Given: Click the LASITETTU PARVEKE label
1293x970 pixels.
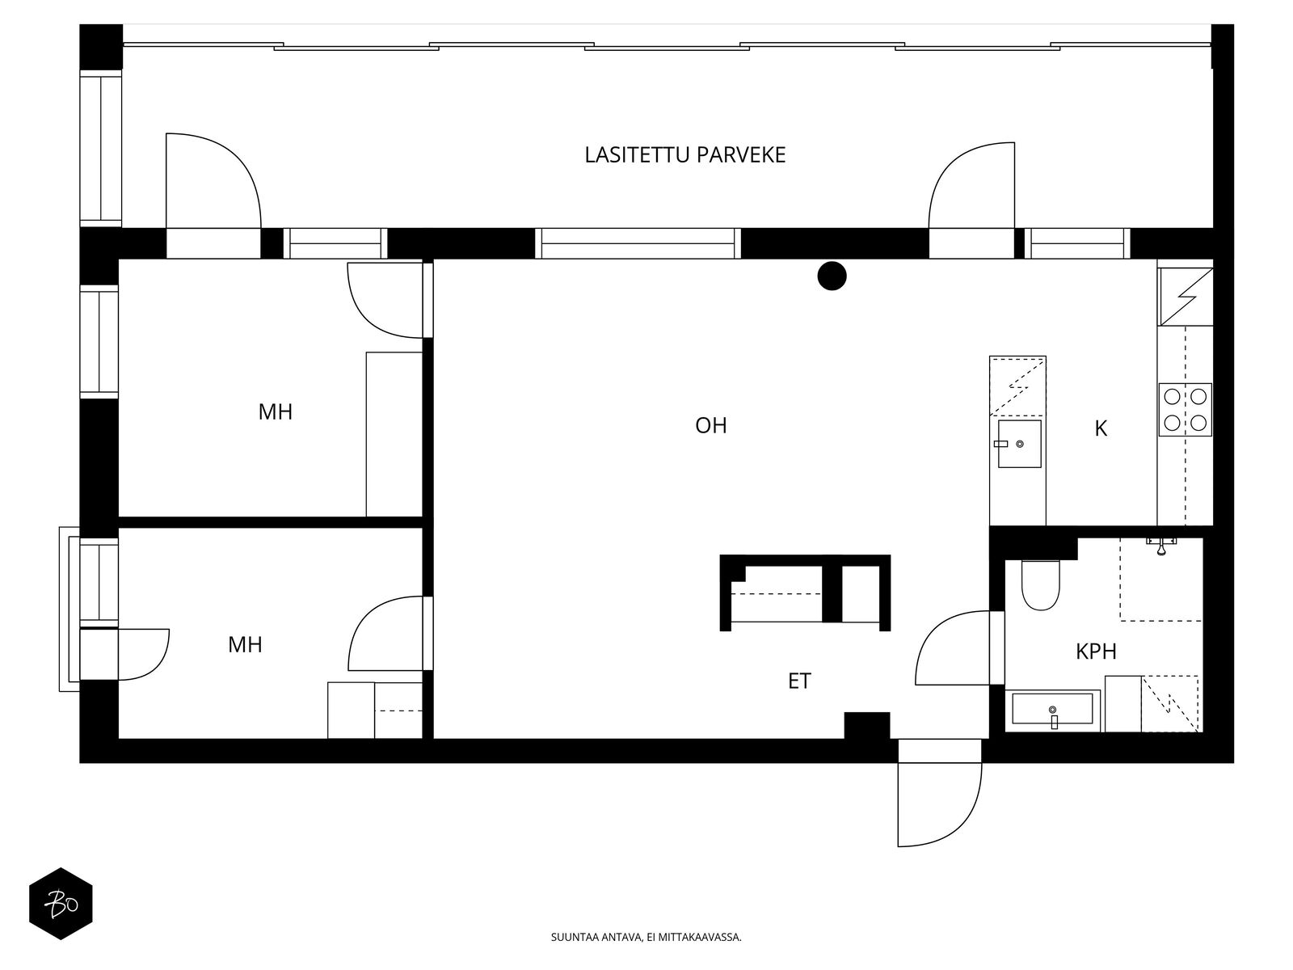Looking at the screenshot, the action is coord(684,155).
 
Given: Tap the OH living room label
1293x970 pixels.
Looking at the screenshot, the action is coord(710,425).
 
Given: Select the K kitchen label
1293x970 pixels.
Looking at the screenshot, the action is coord(1101,428).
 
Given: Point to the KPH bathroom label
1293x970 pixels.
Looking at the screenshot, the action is coord(1096,652).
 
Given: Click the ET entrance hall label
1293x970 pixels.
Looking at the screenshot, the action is coord(799,681).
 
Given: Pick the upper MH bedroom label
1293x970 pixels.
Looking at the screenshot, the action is coord(275,411).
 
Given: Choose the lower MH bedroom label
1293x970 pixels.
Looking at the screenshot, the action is coord(245,644).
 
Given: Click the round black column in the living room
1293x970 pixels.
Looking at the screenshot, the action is coord(832,276).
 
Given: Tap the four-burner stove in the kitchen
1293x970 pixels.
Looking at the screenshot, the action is coord(1185,410).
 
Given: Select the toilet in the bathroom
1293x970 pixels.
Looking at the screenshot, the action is coord(1040,584).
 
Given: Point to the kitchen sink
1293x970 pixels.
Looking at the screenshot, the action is coord(1019,444).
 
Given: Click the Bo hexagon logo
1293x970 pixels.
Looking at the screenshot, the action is coord(61,904).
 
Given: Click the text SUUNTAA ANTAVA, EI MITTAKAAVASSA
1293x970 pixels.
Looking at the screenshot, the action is coord(646,936).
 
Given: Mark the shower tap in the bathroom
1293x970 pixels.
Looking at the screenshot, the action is coord(1160,546).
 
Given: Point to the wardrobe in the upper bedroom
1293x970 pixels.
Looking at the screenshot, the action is coord(394,435).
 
